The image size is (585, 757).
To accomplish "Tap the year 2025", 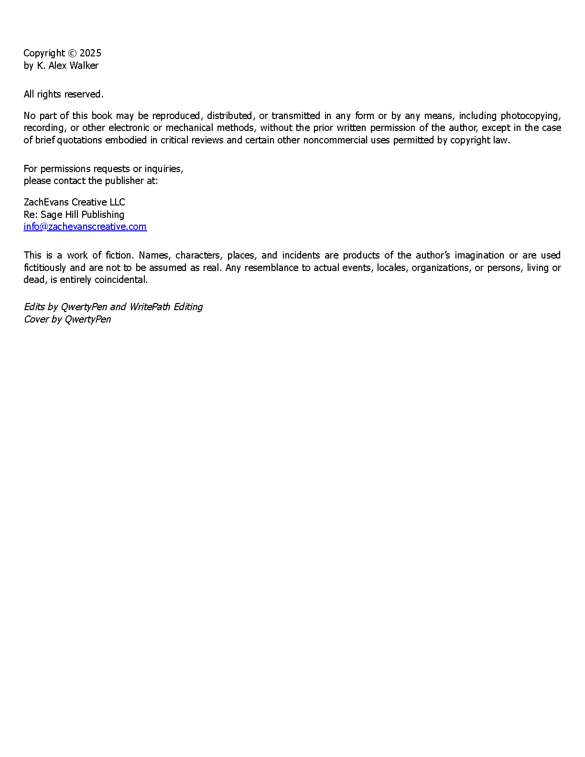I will [90, 53].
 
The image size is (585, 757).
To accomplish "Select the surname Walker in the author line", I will [84, 65].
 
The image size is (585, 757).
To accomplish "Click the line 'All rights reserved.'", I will [64, 94].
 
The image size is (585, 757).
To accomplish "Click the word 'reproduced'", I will [176, 116].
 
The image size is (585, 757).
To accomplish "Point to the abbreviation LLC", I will [118, 202].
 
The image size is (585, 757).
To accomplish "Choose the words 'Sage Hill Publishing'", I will [82, 215].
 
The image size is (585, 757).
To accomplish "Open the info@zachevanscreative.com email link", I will [85, 227].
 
